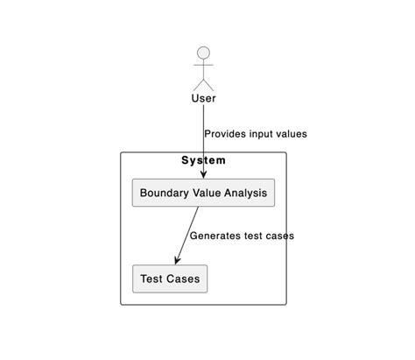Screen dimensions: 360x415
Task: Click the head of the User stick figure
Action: coord(203,53)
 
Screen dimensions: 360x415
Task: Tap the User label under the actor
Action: coord(203,98)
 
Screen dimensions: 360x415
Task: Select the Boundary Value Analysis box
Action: coord(203,193)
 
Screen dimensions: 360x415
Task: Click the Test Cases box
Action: coord(170,279)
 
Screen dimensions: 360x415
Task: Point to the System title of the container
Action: coord(203,160)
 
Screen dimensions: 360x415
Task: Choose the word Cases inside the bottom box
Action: coord(183,279)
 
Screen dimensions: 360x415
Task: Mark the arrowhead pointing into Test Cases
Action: coord(178,260)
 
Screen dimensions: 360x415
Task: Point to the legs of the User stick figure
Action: coord(203,82)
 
